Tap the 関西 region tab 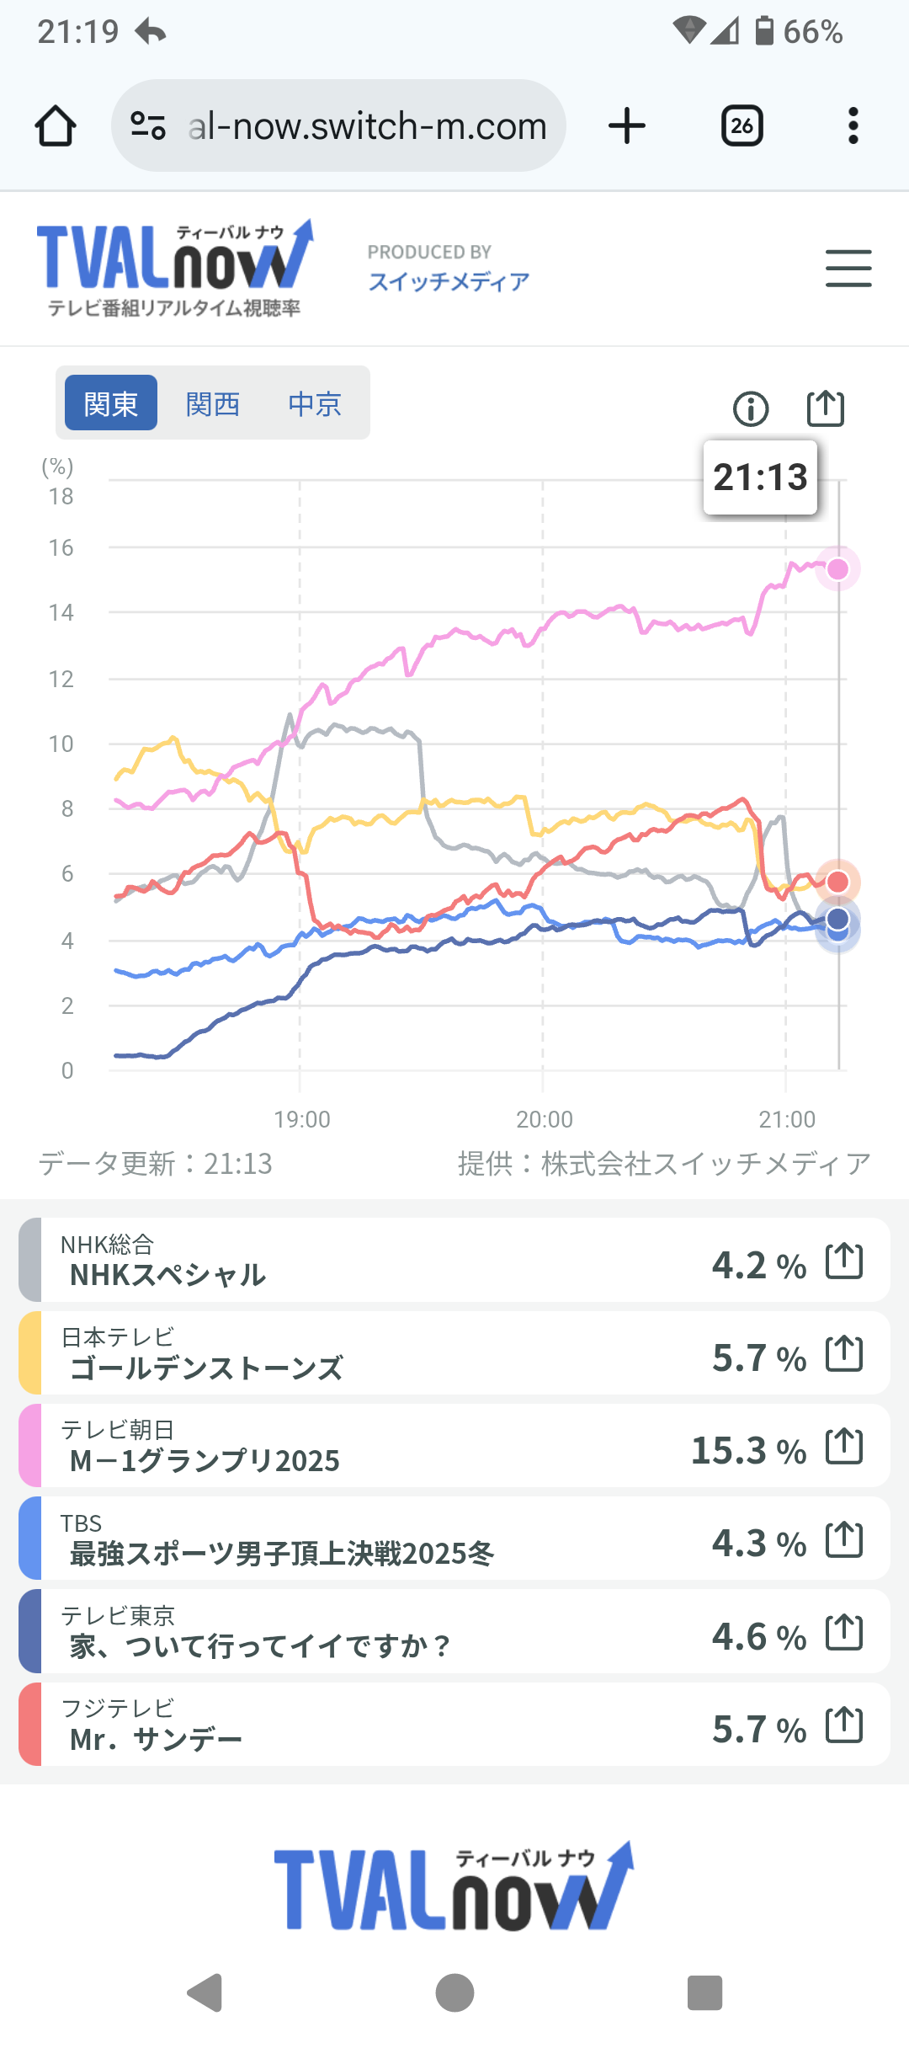[x=213, y=404]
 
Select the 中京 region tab [x=315, y=404]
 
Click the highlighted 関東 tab [x=111, y=403]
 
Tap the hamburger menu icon [x=848, y=269]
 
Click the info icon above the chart [x=751, y=409]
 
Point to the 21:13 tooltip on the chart [x=760, y=477]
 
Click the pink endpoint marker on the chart [x=837, y=569]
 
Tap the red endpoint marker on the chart [x=837, y=882]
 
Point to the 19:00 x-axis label [x=301, y=1119]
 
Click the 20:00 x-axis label [x=544, y=1119]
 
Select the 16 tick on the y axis [x=61, y=548]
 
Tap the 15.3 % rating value [x=748, y=1450]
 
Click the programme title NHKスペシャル [x=167, y=1275]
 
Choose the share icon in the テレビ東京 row [x=844, y=1632]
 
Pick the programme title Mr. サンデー [x=156, y=1739]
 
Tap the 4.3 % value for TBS [x=758, y=1543]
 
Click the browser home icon [x=56, y=126]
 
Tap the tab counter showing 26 [x=742, y=126]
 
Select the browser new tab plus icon [x=626, y=126]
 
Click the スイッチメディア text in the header [x=449, y=281]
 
